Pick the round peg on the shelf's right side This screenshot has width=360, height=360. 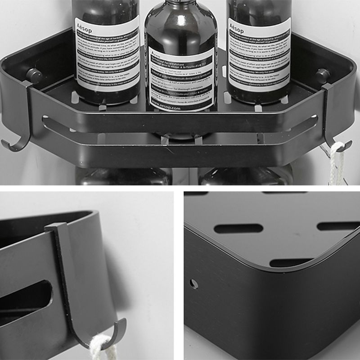point(322,74)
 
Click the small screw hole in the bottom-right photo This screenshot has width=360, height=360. point(193,284)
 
